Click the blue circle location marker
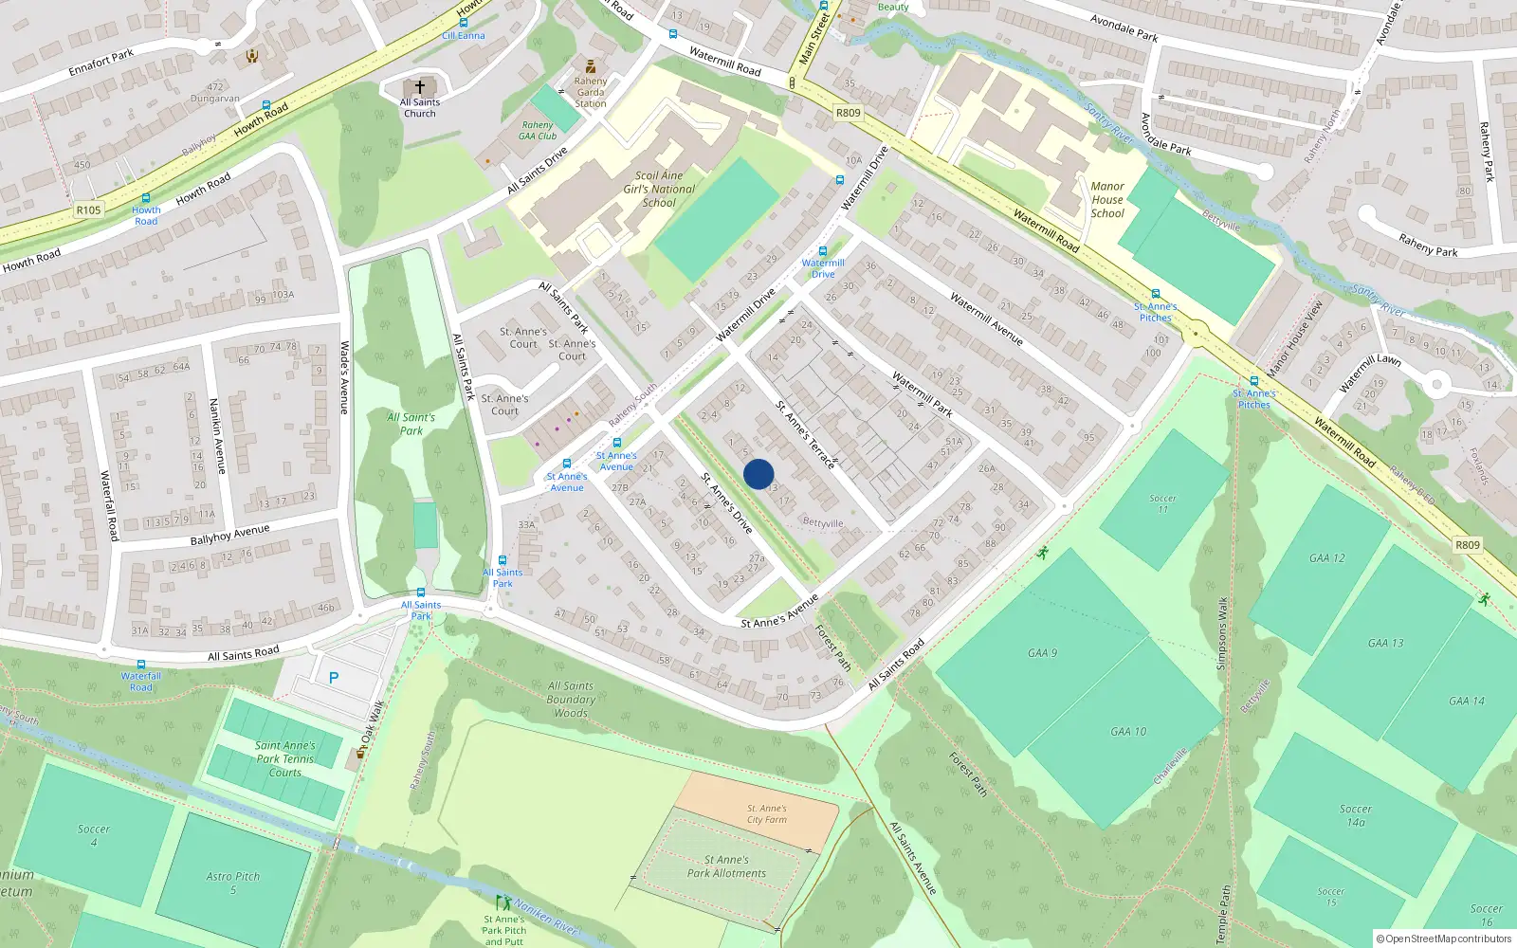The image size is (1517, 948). tap(758, 474)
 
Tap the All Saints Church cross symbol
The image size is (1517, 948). tap(420, 86)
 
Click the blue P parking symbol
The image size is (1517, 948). tap(334, 678)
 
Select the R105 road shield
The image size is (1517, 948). tap(88, 210)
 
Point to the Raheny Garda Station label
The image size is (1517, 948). tap(590, 92)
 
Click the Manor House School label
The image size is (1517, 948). tap(1107, 200)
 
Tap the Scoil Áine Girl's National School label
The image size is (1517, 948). tap(659, 189)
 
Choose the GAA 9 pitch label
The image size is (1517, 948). tap(1042, 653)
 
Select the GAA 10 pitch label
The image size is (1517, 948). tap(1128, 732)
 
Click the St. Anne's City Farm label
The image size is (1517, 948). tap(766, 814)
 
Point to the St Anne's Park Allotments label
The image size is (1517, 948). tap(727, 866)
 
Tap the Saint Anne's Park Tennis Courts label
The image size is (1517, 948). tap(284, 758)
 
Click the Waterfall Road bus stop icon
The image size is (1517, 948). tap(141, 665)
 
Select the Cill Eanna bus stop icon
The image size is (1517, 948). tap(463, 23)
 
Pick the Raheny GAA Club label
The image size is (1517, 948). tap(538, 131)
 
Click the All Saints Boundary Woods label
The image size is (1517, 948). tap(571, 700)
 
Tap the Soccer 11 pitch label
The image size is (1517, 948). tap(1162, 503)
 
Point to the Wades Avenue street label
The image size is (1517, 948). tap(345, 377)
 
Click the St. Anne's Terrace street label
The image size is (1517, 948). tap(806, 435)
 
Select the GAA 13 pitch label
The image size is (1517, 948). tap(1385, 643)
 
